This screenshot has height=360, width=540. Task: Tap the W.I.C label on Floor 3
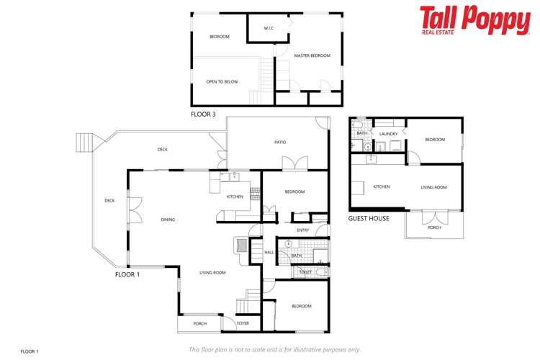[x=268, y=29]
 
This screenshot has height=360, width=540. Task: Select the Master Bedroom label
[x=312, y=55]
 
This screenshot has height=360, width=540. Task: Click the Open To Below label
[x=222, y=81]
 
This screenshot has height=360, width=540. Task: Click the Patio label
[x=280, y=142]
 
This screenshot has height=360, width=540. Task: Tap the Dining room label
[x=168, y=220]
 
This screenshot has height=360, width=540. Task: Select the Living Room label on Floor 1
[x=213, y=272]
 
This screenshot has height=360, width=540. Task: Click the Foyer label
[x=243, y=323]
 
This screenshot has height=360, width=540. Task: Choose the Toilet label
[x=305, y=272]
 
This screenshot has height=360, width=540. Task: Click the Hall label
[x=269, y=253]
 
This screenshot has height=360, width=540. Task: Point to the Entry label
[x=302, y=230]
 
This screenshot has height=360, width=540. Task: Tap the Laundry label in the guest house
[x=389, y=134]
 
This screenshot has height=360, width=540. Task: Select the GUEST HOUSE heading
[x=369, y=218]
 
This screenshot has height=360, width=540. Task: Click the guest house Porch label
[x=434, y=228]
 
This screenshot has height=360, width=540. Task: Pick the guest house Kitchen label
[x=382, y=187]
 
